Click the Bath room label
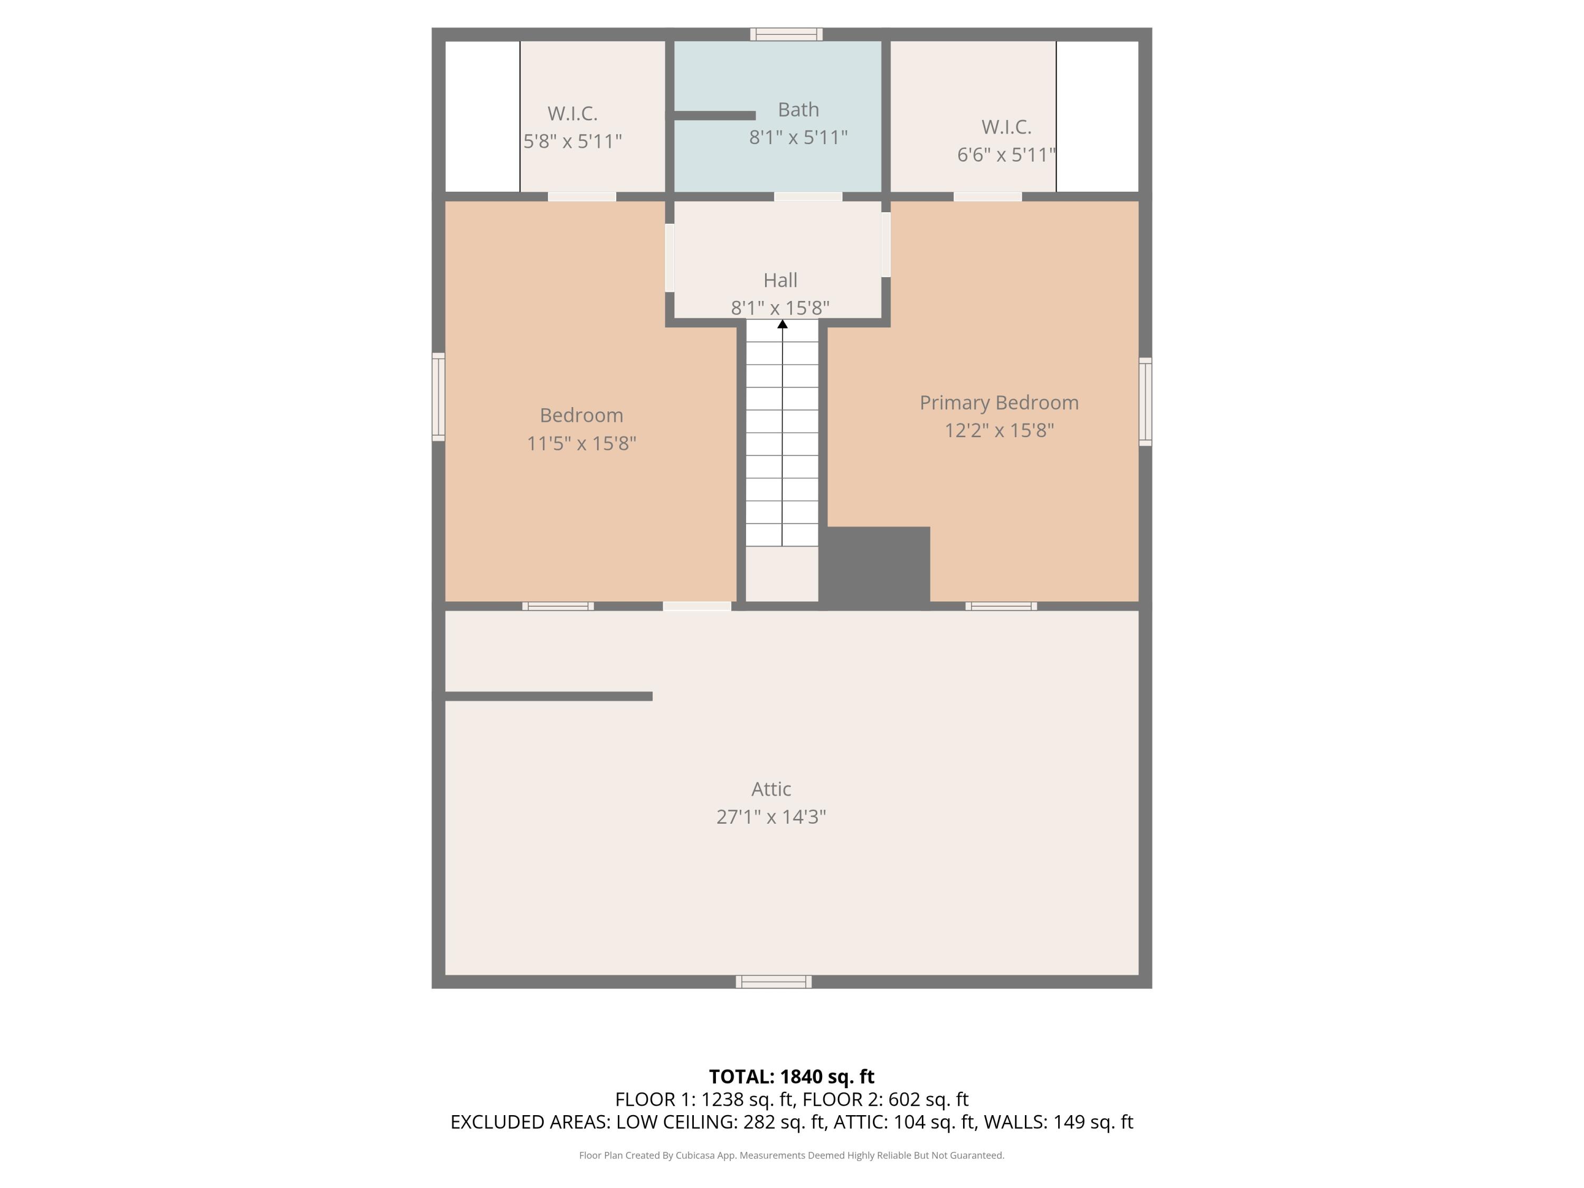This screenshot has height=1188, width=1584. click(x=798, y=110)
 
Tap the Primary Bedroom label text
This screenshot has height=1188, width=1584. click(x=998, y=402)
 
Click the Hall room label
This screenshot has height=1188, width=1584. click(x=780, y=280)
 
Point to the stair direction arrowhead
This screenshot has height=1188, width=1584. click(x=782, y=324)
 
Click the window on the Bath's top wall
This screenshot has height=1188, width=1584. click(x=786, y=34)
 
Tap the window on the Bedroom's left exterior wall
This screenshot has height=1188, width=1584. click(x=438, y=396)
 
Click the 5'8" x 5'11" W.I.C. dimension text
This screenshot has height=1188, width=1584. click(x=572, y=141)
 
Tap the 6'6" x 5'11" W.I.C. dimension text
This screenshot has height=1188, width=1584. click(x=1006, y=155)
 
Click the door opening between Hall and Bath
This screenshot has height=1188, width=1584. click(x=808, y=196)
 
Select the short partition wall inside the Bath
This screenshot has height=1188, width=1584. click(x=714, y=115)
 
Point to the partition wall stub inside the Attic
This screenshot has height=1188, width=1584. click(x=549, y=696)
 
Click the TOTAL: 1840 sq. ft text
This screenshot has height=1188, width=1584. click(x=791, y=1076)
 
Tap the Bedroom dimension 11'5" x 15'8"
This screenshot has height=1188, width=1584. click(x=581, y=444)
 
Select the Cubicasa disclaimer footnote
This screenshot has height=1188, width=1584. click(x=791, y=1155)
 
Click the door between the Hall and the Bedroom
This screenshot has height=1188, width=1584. click(x=670, y=257)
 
